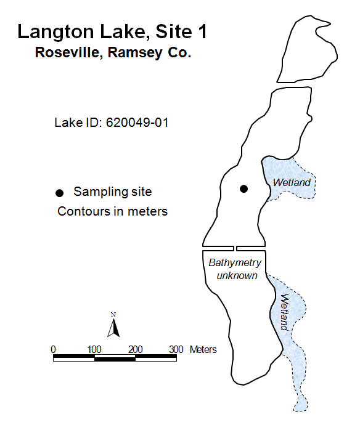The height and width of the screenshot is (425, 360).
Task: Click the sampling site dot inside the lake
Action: click(x=243, y=188)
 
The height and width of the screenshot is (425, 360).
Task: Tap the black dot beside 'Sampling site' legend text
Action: click(x=59, y=193)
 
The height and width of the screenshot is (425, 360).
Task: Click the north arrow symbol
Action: click(x=113, y=328)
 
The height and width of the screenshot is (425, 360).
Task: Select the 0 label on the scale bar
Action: click(x=53, y=350)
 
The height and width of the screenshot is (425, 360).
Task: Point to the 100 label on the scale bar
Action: click(x=94, y=350)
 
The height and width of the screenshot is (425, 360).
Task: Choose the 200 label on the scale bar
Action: click(x=136, y=350)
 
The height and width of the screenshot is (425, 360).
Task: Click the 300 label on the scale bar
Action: click(x=176, y=350)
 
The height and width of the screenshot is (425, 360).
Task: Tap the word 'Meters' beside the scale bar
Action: click(x=203, y=350)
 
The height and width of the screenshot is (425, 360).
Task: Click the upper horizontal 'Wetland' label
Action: click(x=292, y=182)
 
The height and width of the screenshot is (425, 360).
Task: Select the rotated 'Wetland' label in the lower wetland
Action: click(x=284, y=312)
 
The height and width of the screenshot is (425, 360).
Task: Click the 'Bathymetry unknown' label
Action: click(x=235, y=269)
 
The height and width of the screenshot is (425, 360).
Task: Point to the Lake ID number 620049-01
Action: click(x=137, y=123)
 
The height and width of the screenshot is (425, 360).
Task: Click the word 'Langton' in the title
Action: click(x=55, y=31)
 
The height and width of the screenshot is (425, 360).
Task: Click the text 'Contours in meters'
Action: click(x=113, y=211)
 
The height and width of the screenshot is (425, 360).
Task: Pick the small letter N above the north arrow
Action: click(x=113, y=315)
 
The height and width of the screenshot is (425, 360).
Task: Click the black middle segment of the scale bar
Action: click(x=115, y=359)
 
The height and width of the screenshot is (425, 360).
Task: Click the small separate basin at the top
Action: click(x=306, y=50)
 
